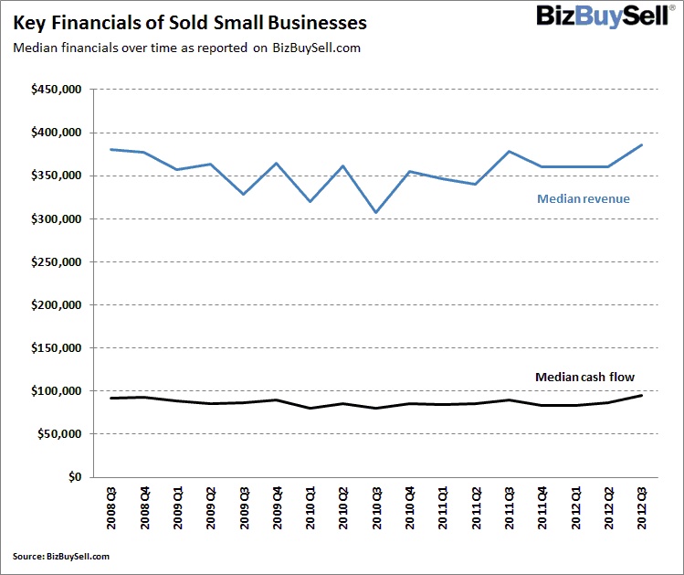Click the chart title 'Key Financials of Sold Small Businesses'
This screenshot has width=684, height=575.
click(190, 22)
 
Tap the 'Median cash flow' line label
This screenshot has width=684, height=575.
click(584, 377)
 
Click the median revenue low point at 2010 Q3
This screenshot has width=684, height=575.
click(376, 212)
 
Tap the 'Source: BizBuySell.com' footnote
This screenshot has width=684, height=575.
click(61, 556)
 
